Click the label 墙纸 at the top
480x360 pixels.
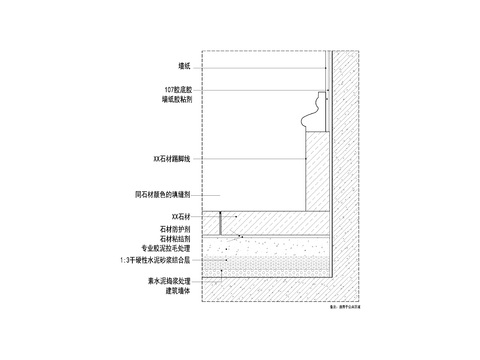click(x=184, y=66)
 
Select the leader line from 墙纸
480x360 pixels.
click(x=260, y=66)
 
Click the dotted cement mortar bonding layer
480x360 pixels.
click(x=270, y=262)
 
